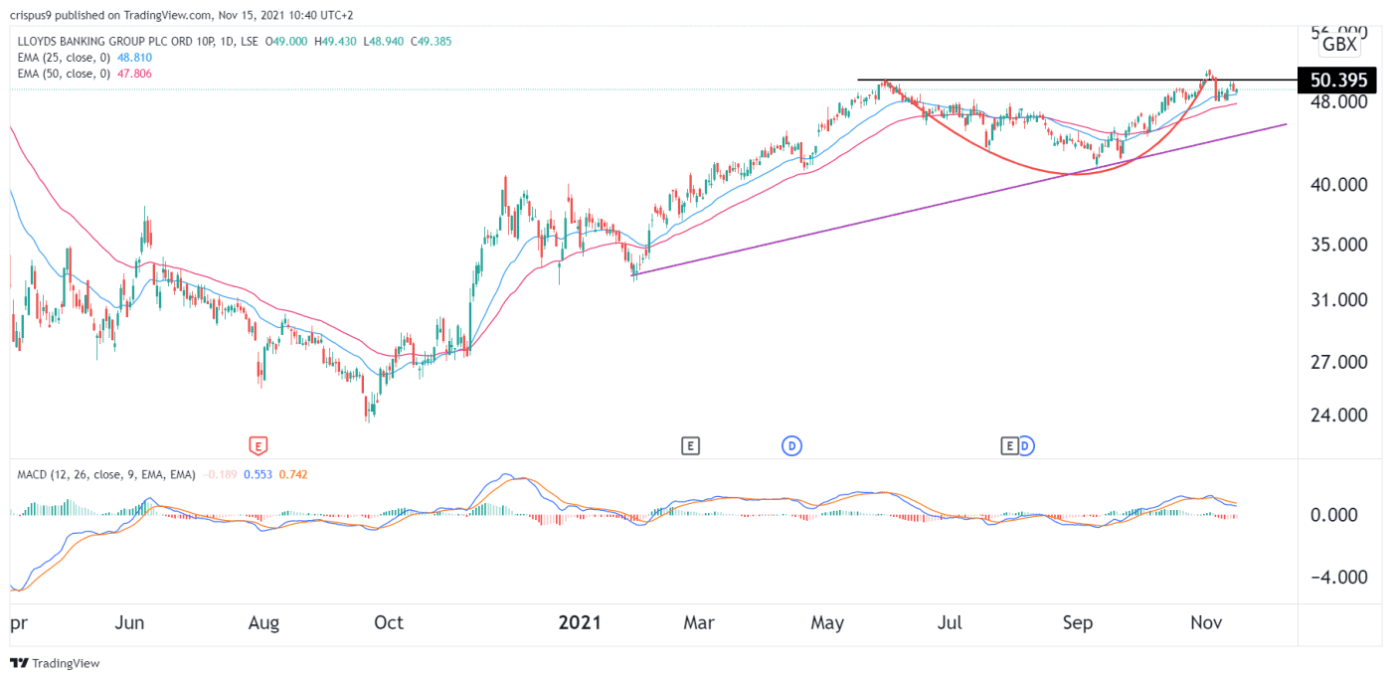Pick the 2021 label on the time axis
(x=580, y=623)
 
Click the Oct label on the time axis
(x=388, y=623)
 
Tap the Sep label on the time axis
(x=1078, y=623)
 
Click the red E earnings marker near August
(x=259, y=445)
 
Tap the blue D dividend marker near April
(x=792, y=445)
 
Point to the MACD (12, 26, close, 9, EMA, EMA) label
(x=106, y=474)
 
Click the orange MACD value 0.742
(x=295, y=474)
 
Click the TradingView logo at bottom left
(x=56, y=663)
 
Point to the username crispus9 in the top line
(x=34, y=15)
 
